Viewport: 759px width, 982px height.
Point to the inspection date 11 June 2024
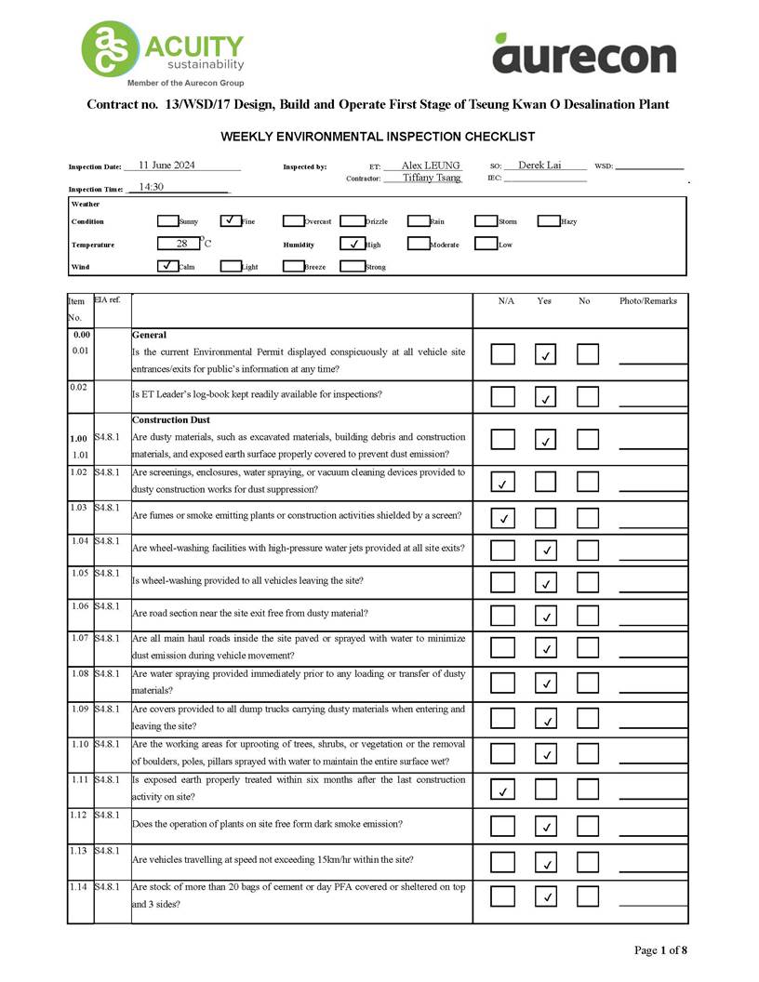(166, 166)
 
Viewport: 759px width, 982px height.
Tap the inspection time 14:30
(151, 187)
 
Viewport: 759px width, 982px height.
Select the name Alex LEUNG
(431, 166)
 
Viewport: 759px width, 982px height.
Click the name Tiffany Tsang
(432, 178)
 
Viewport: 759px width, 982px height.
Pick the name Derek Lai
(539, 166)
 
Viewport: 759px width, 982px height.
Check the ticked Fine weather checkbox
(231, 221)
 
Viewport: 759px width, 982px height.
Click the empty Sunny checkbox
(167, 221)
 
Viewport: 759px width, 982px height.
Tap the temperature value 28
(181, 244)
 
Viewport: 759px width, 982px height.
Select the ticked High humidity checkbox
(353, 244)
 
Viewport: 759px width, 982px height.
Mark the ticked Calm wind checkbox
(167, 266)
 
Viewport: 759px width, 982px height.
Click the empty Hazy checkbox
(548, 221)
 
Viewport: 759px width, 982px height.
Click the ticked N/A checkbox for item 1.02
(502, 483)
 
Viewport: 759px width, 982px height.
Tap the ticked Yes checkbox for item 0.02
(547, 397)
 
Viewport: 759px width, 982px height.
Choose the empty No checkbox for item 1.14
(588, 896)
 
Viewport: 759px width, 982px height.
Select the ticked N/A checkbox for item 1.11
(502, 790)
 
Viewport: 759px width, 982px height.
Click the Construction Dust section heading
(171, 420)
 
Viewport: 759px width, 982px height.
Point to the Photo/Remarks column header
(648, 301)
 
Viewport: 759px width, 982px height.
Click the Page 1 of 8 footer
(660, 950)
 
